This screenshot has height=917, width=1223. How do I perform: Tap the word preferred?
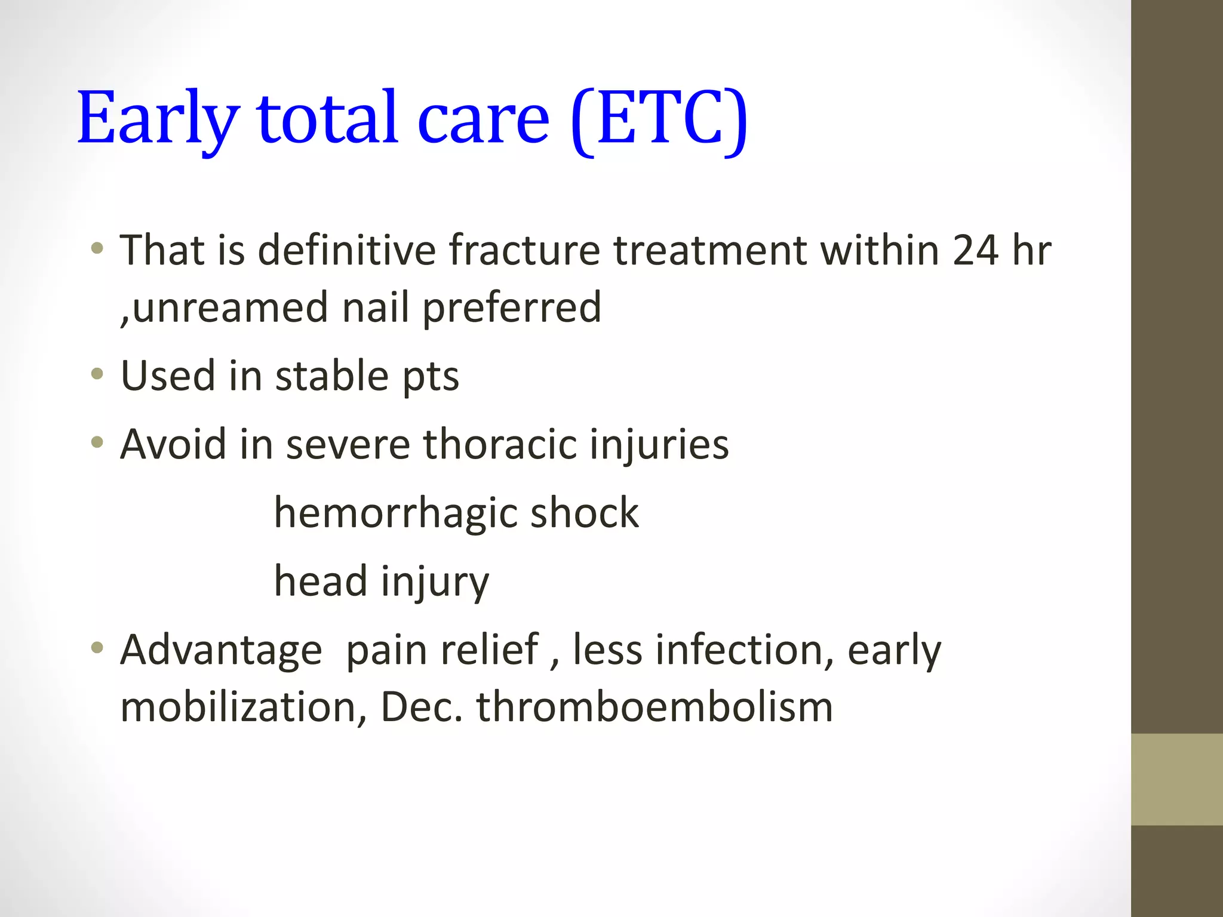click(512, 307)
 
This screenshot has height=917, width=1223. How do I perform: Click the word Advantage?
click(221, 650)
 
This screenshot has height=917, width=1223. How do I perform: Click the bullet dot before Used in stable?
click(97, 375)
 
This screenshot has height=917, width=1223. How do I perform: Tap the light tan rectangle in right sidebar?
click(1176, 779)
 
